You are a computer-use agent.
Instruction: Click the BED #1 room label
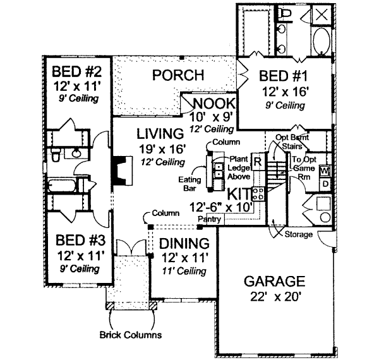point(282,76)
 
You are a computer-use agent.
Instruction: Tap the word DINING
point(184,244)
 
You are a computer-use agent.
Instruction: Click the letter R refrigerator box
point(258,160)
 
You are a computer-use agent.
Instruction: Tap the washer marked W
point(325,171)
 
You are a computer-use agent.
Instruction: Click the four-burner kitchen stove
point(258,193)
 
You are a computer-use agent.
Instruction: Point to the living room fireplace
point(118,169)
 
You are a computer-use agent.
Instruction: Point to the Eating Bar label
point(188,184)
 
